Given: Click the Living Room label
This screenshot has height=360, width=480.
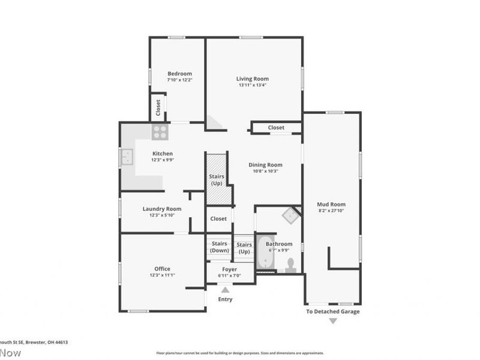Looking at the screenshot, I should (252, 79).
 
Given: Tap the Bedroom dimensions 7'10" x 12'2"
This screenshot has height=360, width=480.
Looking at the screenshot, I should (179, 80).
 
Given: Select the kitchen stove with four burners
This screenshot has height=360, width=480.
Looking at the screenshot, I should (159, 131).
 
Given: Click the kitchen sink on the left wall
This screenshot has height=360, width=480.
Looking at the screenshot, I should (127, 157).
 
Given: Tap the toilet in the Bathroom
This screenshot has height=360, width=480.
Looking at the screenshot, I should (291, 265).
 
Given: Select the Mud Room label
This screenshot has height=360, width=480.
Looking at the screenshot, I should (331, 205).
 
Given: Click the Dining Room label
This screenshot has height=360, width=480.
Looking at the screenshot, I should (265, 165).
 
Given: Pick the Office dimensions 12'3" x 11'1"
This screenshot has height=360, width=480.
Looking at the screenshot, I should (162, 275).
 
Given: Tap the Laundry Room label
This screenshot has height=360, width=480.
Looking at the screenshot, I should (162, 209).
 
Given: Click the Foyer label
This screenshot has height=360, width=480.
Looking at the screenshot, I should (229, 269).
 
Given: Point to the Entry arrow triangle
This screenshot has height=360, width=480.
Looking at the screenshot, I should (225, 290).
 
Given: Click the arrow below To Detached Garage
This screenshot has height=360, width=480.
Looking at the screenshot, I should (332, 322).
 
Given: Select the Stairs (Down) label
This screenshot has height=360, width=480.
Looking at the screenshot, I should (219, 247).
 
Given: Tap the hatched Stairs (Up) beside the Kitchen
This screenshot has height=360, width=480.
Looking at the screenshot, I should (217, 179).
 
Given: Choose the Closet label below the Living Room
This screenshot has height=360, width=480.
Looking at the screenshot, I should (276, 128).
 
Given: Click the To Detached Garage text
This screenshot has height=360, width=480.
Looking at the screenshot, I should (333, 311).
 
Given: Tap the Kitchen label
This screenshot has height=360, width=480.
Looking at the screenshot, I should (162, 154).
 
